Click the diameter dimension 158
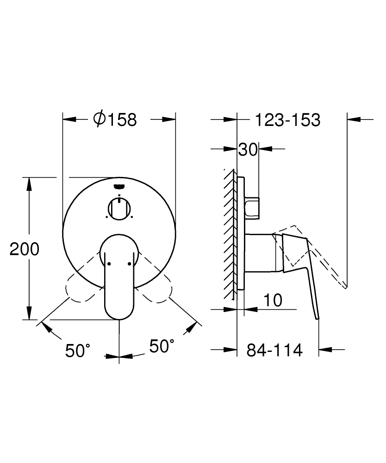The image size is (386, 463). pos(115,119)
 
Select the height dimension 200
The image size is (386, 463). pos(24,249)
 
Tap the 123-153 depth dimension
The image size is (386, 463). pos(287,120)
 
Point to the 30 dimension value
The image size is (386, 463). pos(248,150)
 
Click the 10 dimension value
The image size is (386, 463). pos(273,300)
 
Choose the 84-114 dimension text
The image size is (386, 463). pos(274,350)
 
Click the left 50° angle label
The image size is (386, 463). pos(77,350)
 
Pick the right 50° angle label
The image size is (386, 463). pos(162,346)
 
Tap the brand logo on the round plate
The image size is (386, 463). pos(119,186)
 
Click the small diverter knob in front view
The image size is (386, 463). pos(119,208)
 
